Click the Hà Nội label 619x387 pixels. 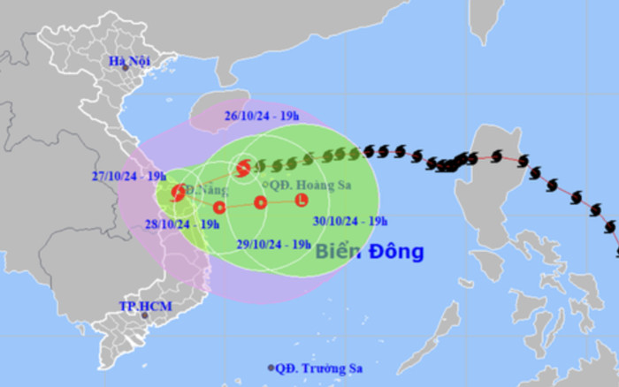click(x=125, y=60)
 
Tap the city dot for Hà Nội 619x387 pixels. click(x=126, y=68)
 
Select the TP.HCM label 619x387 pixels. click(x=146, y=306)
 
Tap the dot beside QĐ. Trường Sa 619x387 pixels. click(x=271, y=367)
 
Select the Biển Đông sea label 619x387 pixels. click(x=370, y=252)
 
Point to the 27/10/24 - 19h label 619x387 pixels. click(x=129, y=174)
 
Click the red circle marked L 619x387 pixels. click(x=302, y=201)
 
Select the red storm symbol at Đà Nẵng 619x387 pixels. click(x=179, y=192)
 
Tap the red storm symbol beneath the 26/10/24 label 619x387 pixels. click(x=242, y=167)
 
